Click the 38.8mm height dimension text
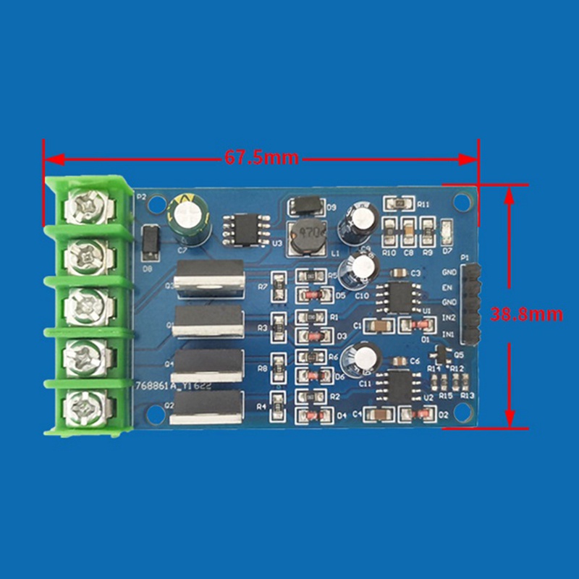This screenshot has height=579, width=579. [536, 315]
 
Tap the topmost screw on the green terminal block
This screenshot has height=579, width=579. [88, 208]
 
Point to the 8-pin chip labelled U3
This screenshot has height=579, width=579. [246, 230]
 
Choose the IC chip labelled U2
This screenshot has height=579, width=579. [397, 384]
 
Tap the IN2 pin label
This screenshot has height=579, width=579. [449, 318]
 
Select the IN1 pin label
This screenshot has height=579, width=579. [449, 335]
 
